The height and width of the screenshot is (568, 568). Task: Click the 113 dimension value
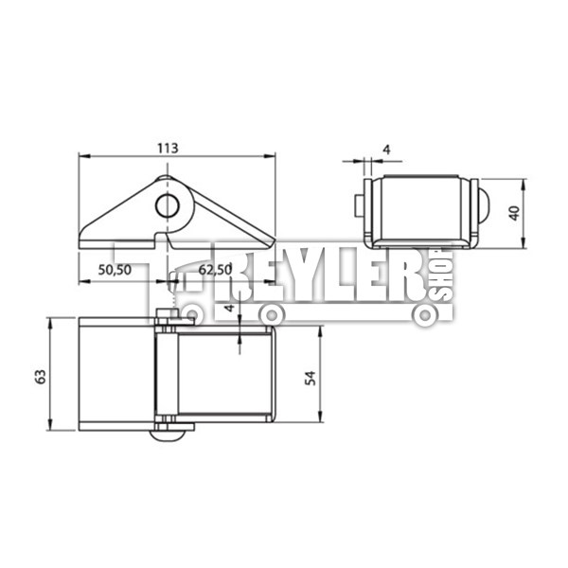click(168, 149)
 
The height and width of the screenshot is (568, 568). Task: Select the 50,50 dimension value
click(115, 270)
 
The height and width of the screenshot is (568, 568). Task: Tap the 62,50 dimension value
click(215, 270)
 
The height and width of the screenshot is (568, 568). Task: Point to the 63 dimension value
click(41, 377)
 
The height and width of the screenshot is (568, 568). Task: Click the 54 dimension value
click(311, 378)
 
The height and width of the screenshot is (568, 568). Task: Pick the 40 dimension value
click(514, 213)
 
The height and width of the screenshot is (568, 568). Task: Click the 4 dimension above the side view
click(387, 150)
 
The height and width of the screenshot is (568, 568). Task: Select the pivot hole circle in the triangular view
click(168, 205)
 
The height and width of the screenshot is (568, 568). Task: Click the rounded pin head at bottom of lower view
click(168, 435)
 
